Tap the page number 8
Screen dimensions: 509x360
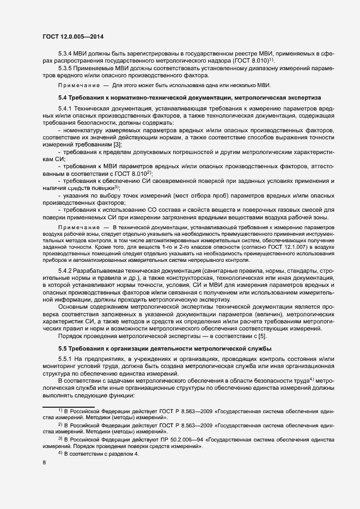click(x=44, y=463)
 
